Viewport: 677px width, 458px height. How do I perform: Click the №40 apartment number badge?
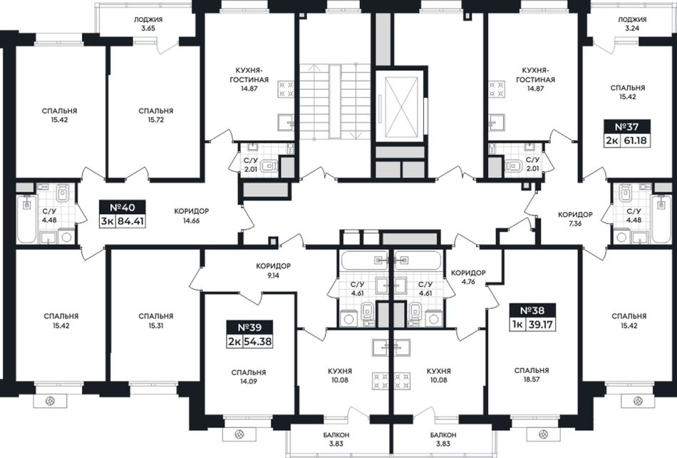point(122,208)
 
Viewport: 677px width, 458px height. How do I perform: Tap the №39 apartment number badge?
point(250,327)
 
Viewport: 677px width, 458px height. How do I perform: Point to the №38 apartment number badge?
point(532,310)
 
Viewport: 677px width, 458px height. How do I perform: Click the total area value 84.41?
point(130,223)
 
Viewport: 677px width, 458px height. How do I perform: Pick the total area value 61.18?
point(635,141)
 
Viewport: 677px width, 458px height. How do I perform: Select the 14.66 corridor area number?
point(191,220)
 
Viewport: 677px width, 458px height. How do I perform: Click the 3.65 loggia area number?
point(148,29)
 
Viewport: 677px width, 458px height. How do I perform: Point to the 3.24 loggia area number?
point(631,29)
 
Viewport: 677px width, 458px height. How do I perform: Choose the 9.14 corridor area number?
point(274,275)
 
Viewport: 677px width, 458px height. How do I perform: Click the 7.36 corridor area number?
point(575,223)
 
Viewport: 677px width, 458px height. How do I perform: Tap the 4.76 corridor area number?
point(468,282)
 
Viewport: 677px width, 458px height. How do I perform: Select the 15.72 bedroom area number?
point(156,120)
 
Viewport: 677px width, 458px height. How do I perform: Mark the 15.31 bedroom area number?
point(156,325)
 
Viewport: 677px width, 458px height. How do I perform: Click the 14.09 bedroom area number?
point(248,382)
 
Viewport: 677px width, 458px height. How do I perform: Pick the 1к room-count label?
point(517,325)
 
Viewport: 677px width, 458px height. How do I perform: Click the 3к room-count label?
point(108,223)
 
